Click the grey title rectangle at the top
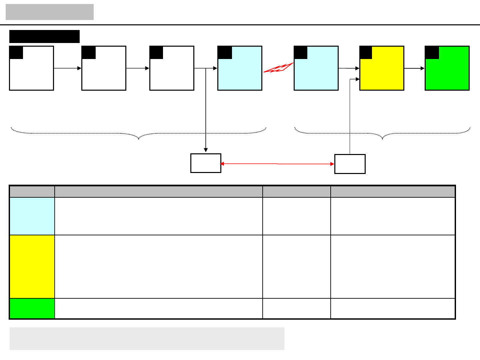point(50,12)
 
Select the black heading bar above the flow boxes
point(44,36)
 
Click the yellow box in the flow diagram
point(382,72)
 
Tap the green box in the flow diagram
point(447,72)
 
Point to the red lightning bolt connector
point(278,68)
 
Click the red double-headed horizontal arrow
point(277,164)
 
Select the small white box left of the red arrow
point(206,163)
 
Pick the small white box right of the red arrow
point(350,164)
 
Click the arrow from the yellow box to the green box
point(414,68)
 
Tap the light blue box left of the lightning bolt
point(240,72)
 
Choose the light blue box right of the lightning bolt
point(316,72)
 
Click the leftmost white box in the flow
point(32,72)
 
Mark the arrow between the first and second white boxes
point(68,68)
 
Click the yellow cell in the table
point(32,266)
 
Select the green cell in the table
point(32,308)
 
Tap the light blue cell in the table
point(32,216)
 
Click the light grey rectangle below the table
point(147,338)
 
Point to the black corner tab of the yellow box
point(366,53)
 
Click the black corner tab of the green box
point(432,53)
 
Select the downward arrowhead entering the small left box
point(206,150)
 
